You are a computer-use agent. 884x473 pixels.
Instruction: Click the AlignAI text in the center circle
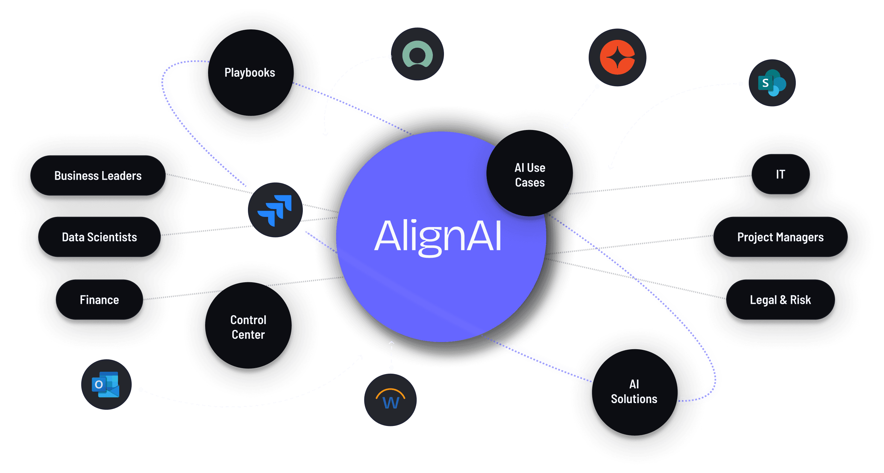pos(438,236)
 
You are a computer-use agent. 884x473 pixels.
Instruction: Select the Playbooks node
pos(250,73)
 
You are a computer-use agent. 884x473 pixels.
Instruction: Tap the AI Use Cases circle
pos(530,175)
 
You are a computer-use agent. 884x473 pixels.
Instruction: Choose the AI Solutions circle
pos(634,392)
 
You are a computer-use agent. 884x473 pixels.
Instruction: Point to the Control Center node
pos(248,327)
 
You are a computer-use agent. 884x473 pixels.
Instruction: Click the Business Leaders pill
pos(98,176)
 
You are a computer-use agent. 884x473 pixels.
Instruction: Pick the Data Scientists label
pos(99,237)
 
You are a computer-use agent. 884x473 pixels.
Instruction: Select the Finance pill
pos(99,300)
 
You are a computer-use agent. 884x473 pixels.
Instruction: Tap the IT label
pos(780,174)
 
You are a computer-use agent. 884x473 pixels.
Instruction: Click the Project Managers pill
pos(780,237)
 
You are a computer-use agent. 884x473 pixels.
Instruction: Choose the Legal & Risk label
pos(780,300)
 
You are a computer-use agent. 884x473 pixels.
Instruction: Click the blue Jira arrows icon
pos(275,210)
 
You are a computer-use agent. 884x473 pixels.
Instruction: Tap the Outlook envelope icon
pos(106,384)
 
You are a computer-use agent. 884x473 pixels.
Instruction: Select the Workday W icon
pos(390,400)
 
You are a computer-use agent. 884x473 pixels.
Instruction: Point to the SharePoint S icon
pos(772,83)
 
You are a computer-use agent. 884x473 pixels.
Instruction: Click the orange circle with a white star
pos(617,57)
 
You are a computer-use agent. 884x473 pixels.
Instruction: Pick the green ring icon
pos(417,54)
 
